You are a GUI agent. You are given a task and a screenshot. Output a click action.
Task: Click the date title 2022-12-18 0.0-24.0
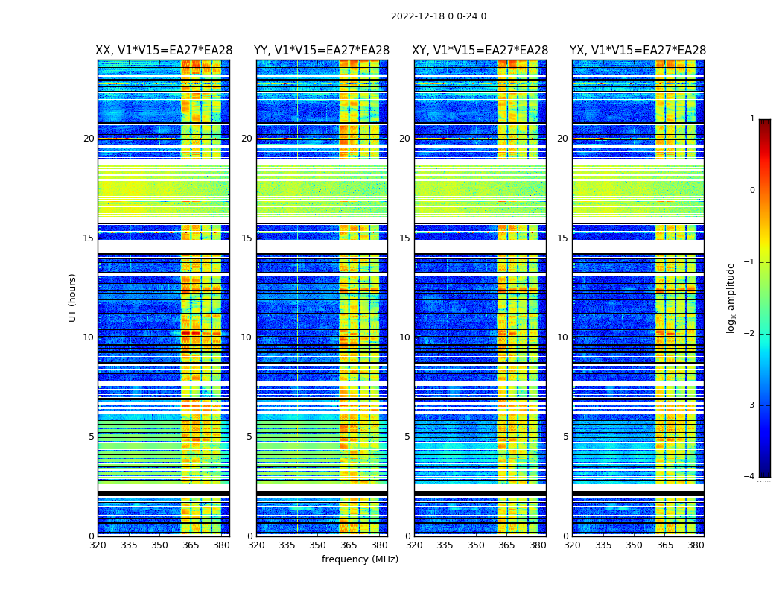439,16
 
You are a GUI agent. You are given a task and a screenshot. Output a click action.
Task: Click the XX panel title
164,51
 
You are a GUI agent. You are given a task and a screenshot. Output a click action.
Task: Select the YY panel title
322,51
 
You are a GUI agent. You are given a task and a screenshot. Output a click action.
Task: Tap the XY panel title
480,51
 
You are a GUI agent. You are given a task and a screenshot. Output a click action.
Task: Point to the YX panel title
638,51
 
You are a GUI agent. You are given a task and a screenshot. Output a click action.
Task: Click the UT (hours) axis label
73,297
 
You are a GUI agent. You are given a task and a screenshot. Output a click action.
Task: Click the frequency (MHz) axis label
360,559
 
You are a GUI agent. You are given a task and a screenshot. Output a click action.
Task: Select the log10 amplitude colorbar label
731,297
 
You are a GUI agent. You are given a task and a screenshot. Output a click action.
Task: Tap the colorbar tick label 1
752,119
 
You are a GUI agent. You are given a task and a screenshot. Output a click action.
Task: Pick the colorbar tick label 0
752,191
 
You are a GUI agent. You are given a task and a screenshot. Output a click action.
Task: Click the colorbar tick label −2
751,334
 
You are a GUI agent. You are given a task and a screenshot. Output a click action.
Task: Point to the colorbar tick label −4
751,477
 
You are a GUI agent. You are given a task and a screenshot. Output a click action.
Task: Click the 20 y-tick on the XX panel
89,139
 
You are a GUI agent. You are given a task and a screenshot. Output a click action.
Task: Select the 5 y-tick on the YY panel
249,437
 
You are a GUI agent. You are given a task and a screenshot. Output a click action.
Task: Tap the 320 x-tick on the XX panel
98,545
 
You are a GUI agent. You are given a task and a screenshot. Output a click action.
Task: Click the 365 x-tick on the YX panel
665,545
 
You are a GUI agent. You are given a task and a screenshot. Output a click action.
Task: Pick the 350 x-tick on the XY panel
476,545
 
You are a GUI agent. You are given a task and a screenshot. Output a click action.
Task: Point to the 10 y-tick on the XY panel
404,337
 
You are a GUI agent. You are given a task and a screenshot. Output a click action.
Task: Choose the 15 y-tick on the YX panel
562,238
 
